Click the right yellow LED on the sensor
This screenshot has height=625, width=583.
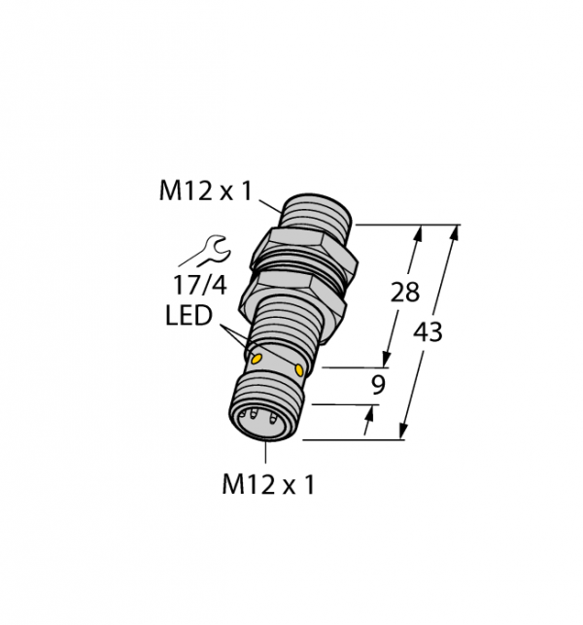point(299,370)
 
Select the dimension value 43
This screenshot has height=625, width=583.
point(428,331)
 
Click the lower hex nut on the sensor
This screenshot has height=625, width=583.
point(296,293)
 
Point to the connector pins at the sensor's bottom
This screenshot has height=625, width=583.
point(259,424)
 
